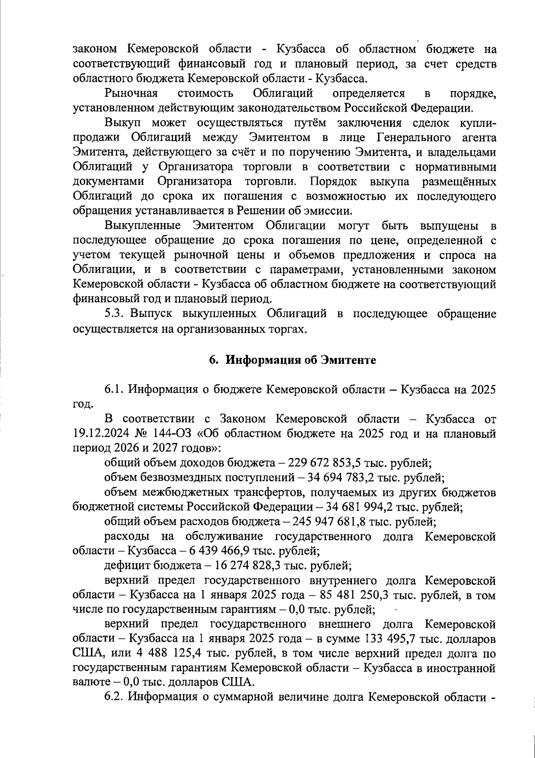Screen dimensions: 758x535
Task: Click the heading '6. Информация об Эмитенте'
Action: [293, 360]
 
